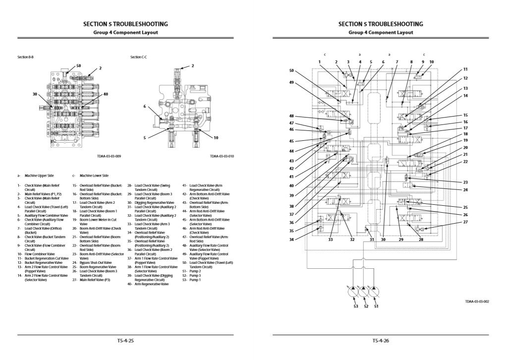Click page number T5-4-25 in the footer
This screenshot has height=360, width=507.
click(125, 341)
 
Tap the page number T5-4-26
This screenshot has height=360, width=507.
click(381, 341)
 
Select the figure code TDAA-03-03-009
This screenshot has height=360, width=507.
click(109, 156)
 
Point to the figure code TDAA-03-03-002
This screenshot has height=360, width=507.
click(477, 301)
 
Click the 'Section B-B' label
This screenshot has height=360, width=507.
click(25, 57)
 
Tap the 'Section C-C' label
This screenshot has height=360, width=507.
click(138, 57)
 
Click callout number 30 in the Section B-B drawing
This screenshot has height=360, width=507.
click(35, 94)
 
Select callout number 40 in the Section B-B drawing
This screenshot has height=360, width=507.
click(106, 94)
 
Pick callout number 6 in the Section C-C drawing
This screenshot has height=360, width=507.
click(145, 106)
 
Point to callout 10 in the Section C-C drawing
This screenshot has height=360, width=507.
click(216, 137)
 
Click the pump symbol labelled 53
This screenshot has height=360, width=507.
click(355, 294)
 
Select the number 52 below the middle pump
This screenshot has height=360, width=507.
click(366, 306)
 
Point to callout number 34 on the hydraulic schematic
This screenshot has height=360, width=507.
click(291, 240)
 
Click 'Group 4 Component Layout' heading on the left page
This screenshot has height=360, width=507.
click(125, 32)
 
